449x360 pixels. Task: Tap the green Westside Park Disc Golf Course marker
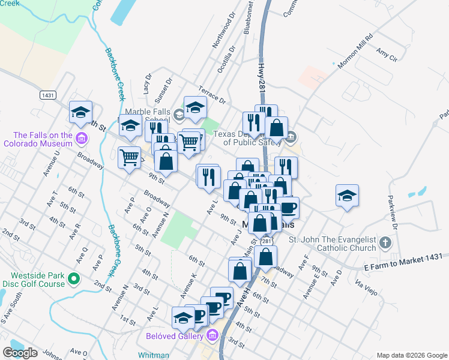point(73,279)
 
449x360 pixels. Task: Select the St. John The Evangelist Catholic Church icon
point(386,244)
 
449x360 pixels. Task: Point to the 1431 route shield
point(49,95)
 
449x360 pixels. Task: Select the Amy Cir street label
point(386,56)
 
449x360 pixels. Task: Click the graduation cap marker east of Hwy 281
point(347,196)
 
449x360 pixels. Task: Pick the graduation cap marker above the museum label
point(80,112)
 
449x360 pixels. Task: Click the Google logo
point(20,353)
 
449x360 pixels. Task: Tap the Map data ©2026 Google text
point(411,355)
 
